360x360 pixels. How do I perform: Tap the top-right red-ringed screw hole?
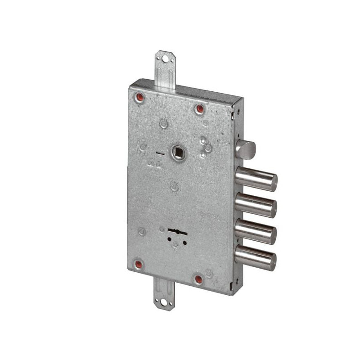(199, 109)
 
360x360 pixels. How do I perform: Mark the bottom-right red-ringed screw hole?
(198, 279)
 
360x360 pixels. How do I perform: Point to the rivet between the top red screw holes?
(164, 123)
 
